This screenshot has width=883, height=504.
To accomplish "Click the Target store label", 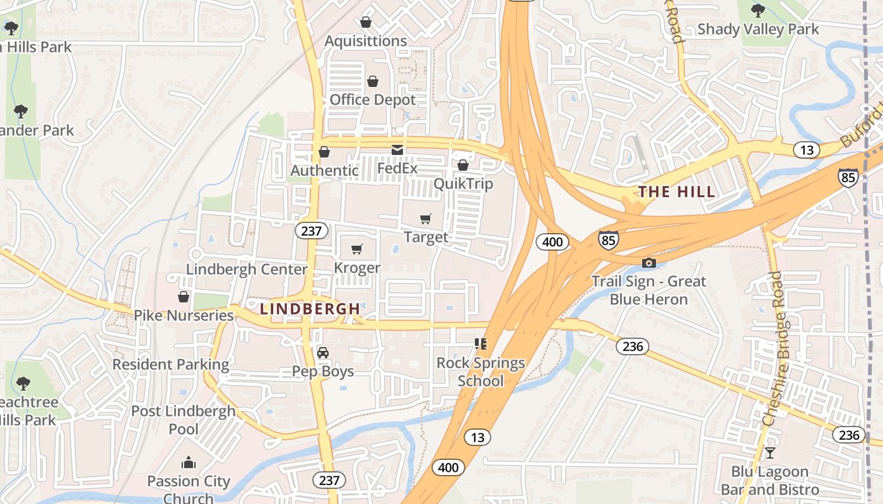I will [x=426, y=238].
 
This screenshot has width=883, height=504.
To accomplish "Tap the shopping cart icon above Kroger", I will [x=357, y=249].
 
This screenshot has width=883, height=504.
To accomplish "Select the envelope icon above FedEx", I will [x=397, y=150].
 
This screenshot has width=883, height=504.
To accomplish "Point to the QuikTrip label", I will [x=463, y=184].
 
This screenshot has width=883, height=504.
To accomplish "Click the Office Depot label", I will [x=373, y=100].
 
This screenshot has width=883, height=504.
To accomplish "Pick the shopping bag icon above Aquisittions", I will [x=366, y=23].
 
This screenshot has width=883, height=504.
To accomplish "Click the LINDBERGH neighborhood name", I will [x=310, y=309].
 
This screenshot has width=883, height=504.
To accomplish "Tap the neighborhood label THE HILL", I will [x=677, y=192].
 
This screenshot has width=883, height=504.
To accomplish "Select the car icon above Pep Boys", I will [x=323, y=353].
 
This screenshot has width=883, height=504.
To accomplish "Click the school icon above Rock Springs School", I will [x=481, y=344].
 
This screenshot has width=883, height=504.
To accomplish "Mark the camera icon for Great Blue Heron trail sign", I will [x=648, y=263].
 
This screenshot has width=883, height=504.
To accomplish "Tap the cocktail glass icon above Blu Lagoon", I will [x=769, y=452].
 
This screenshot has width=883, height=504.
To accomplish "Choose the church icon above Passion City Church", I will [x=189, y=463].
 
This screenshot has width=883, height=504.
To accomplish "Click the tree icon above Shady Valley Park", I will [x=758, y=10].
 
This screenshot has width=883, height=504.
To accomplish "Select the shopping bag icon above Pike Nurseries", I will [x=184, y=297].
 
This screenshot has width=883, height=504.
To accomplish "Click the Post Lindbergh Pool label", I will [x=183, y=420].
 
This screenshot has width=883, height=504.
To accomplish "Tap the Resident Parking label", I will [x=171, y=364].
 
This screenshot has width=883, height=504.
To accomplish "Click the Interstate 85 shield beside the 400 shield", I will [x=608, y=240].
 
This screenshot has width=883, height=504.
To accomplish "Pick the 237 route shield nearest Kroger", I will [x=312, y=231].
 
